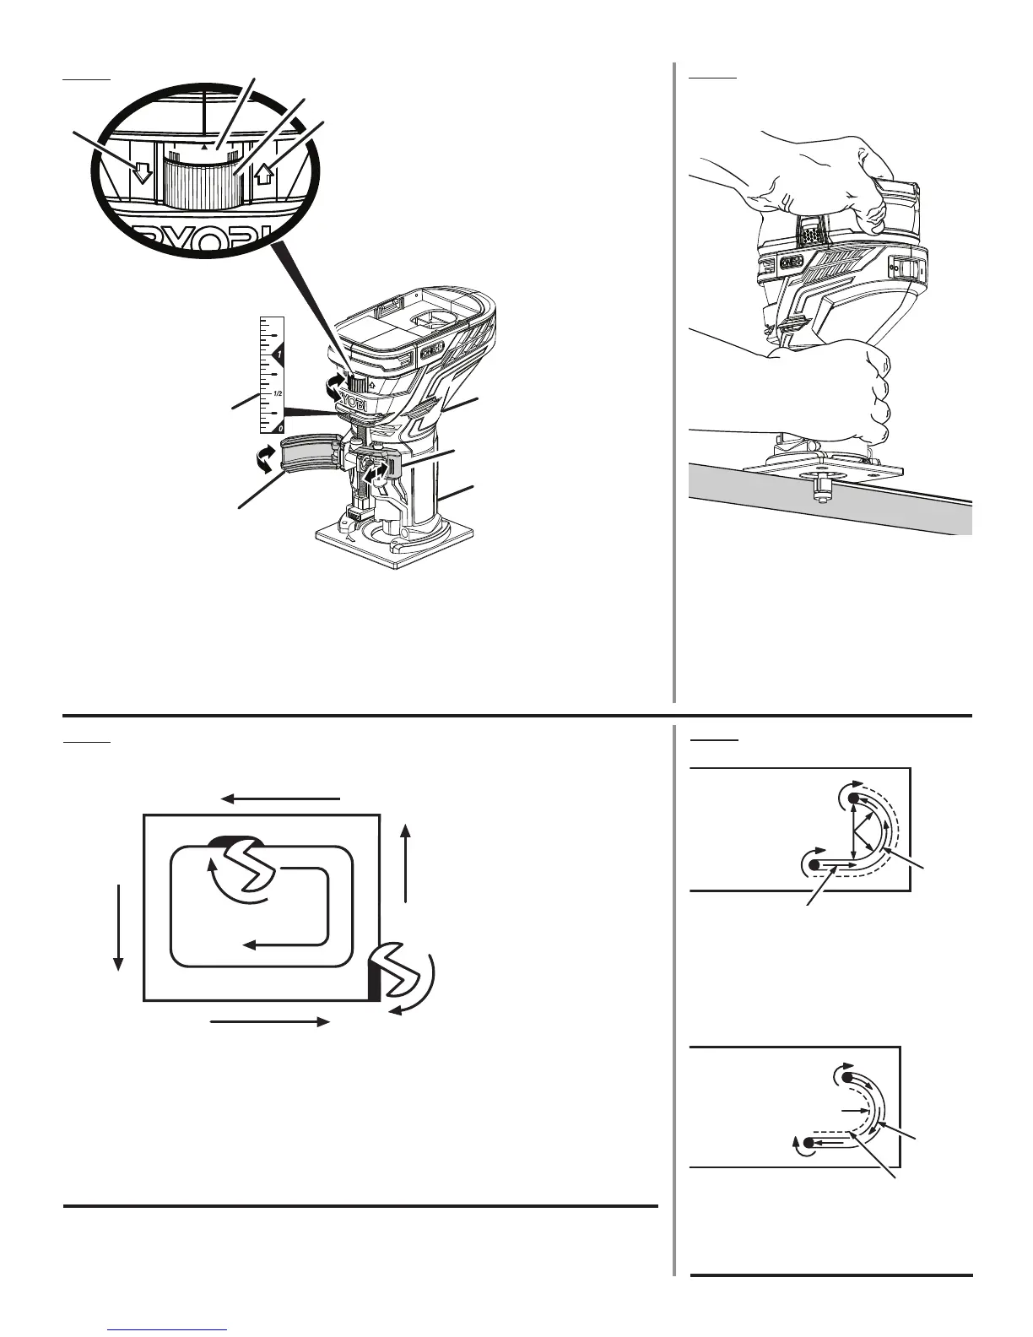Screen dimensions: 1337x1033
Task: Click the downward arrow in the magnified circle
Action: click(x=143, y=171)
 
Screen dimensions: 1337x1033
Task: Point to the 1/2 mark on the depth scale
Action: click(x=277, y=393)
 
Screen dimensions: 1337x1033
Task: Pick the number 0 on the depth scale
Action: click(x=279, y=429)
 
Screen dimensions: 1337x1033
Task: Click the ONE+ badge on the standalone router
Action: click(x=434, y=349)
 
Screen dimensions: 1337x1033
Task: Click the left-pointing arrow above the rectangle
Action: click(x=280, y=798)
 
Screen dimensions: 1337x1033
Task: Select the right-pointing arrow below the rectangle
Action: click(x=268, y=1022)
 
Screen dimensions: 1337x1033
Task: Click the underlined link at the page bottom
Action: click(x=169, y=1329)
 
